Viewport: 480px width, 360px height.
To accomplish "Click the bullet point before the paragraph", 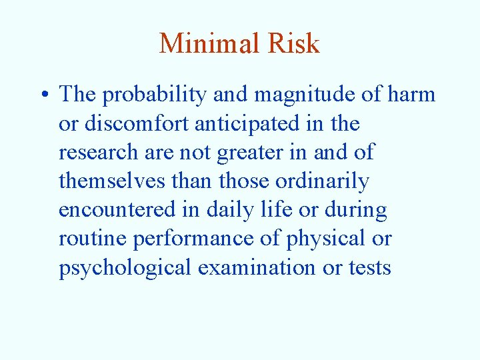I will click(44, 95).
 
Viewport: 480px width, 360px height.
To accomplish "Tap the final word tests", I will click(369, 268).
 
